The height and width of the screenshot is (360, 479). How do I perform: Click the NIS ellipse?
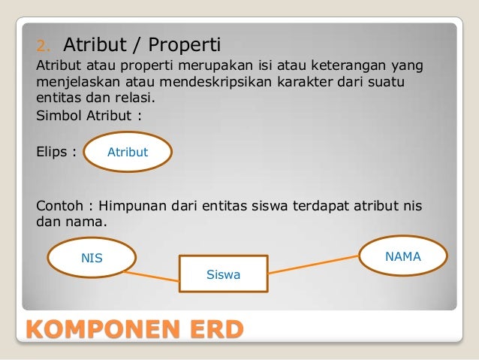click(92, 259)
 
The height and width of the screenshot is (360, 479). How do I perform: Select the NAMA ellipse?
click(403, 257)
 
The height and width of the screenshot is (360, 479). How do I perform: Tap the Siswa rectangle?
click(223, 274)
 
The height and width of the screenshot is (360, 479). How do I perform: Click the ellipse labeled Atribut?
click(128, 153)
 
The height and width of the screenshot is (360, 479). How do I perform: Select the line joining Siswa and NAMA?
click(315, 265)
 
